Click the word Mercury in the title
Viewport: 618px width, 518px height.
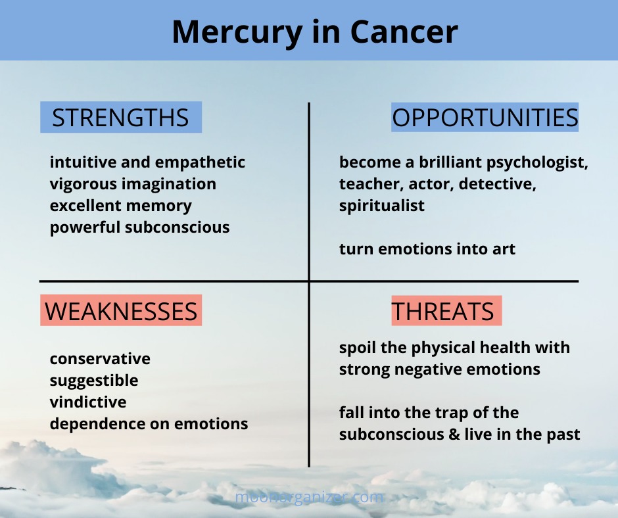237,33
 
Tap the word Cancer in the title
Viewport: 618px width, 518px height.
404,32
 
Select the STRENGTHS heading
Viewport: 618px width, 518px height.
120,118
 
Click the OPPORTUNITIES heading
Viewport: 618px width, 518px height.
485,118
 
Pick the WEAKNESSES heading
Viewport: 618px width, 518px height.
121,311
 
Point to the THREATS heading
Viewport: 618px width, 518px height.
442,311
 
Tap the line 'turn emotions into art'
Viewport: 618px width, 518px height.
427,249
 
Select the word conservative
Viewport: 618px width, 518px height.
100,359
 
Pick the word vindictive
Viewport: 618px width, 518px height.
88,402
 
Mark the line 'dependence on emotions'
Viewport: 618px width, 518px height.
149,424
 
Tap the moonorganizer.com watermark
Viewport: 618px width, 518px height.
309,497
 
